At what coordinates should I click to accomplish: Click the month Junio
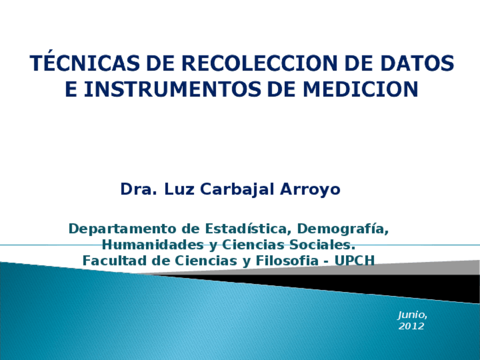pyautogui.click(x=412, y=315)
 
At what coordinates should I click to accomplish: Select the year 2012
pyautogui.click(x=411, y=327)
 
